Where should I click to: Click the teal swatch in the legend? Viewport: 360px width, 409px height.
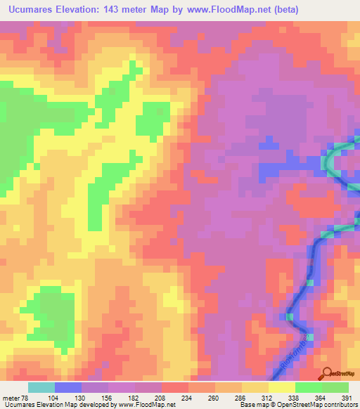click(x=41, y=387)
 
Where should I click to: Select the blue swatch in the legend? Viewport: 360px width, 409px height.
click(x=68, y=387)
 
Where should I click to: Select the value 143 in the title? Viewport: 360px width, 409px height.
click(x=112, y=10)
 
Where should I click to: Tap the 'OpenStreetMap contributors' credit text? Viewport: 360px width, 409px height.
click(x=318, y=405)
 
